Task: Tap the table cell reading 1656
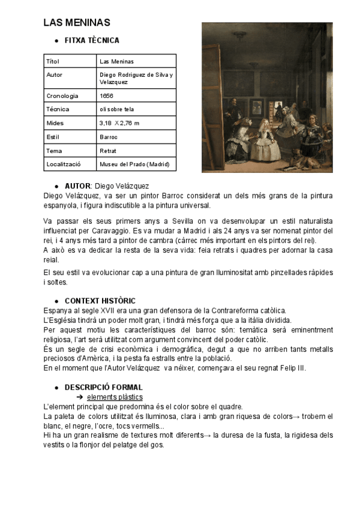(107, 95)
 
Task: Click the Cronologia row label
(62, 95)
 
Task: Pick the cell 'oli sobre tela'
(117, 109)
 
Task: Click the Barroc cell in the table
(109, 137)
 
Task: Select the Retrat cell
(108, 151)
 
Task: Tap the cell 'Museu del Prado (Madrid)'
(134, 164)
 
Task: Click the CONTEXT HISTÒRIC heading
(100, 301)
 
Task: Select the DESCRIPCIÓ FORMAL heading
(103, 387)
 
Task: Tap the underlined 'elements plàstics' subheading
(115, 397)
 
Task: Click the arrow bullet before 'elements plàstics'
(79, 397)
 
